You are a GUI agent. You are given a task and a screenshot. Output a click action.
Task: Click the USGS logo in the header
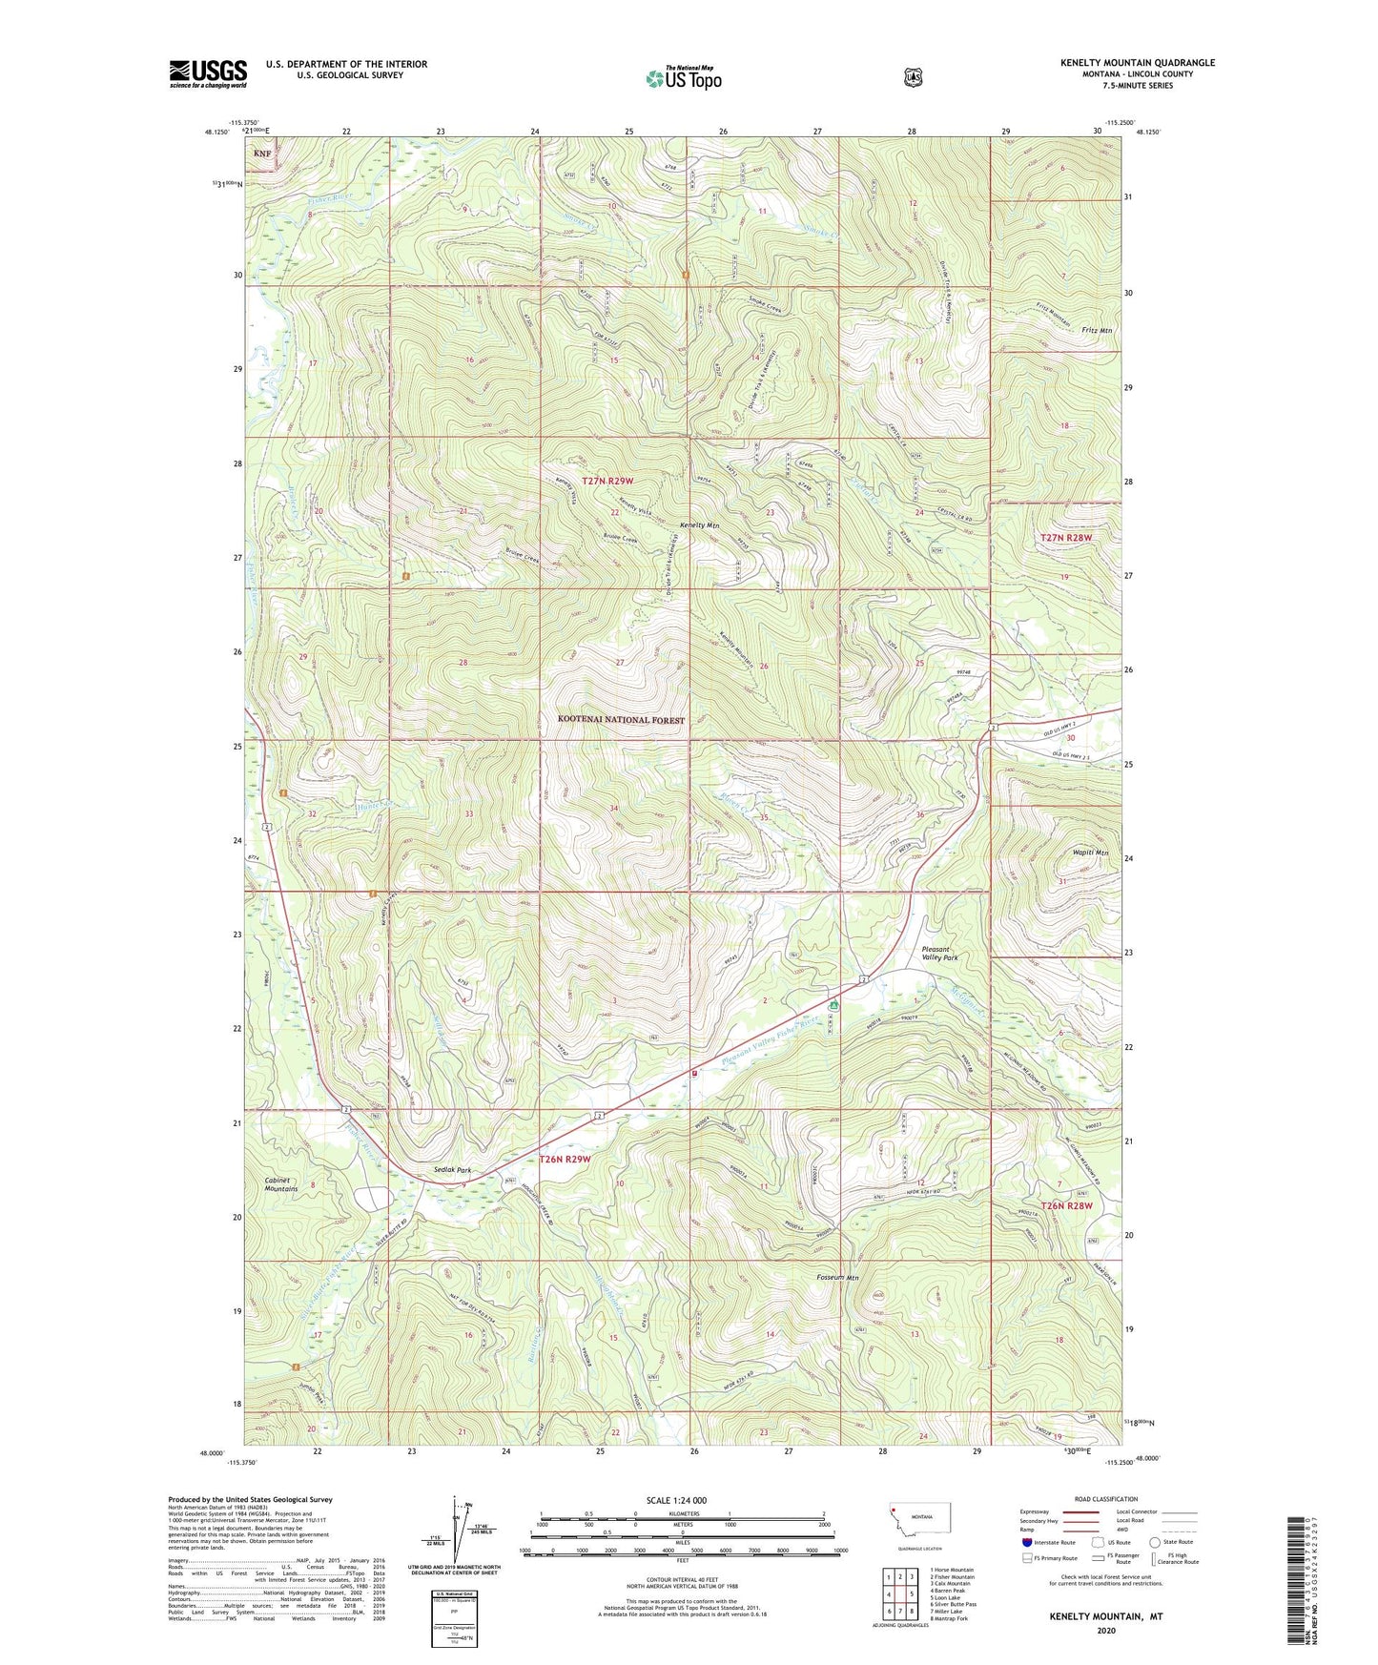pos(208,73)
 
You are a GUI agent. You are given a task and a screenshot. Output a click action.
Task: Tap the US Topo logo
pos(682,78)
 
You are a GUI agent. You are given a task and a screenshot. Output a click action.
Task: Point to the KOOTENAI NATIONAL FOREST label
pos(621,720)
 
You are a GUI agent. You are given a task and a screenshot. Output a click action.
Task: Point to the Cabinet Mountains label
pos(281,1184)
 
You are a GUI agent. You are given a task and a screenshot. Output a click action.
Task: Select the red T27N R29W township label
pos(607,481)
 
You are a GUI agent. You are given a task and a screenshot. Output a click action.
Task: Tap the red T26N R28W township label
pos(1065,1205)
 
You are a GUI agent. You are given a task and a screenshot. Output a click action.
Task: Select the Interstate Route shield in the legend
pos(1026,1541)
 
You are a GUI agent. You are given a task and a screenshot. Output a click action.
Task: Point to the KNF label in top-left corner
pos(261,153)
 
